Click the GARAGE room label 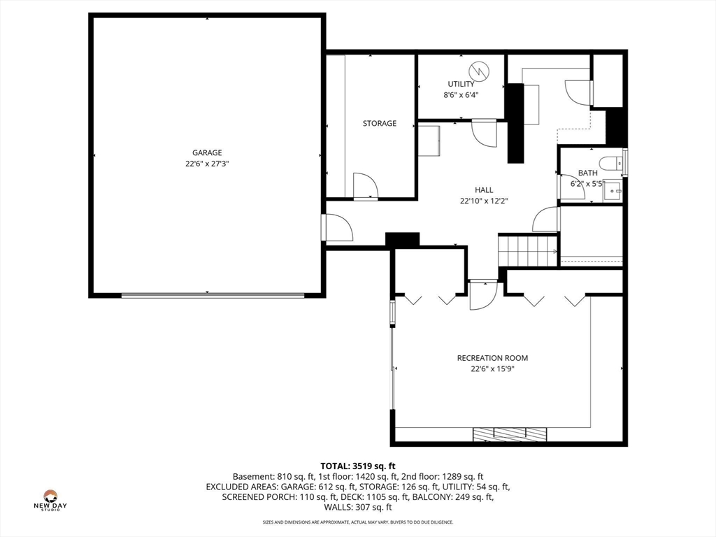click(207, 152)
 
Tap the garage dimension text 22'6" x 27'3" click(207, 164)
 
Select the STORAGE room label click(380, 123)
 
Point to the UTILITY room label click(461, 84)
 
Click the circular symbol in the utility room click(479, 71)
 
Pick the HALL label click(484, 190)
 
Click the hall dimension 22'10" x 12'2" click(484, 201)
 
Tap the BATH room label click(587, 173)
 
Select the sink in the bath click(613, 191)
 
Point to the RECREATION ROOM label click(492, 358)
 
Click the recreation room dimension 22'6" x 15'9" click(492, 369)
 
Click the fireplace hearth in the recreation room click(510, 434)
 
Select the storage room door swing click(366, 186)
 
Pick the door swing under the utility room click(484, 134)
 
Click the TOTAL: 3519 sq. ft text click(358, 466)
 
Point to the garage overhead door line click(213, 296)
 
